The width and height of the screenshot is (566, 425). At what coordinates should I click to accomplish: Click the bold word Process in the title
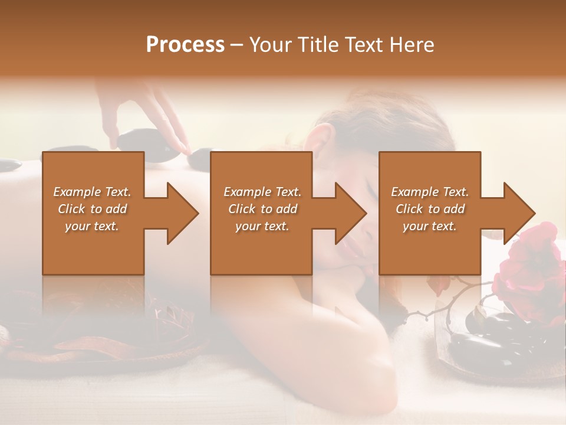click(185, 45)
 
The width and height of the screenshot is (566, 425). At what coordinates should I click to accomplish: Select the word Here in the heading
click(411, 45)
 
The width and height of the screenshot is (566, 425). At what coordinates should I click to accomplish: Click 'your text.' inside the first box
click(92, 226)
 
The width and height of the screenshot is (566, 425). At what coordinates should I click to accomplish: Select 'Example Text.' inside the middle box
click(262, 192)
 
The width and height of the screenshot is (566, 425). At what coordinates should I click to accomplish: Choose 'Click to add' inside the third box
click(430, 209)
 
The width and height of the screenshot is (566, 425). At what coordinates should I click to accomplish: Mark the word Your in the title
click(269, 45)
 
